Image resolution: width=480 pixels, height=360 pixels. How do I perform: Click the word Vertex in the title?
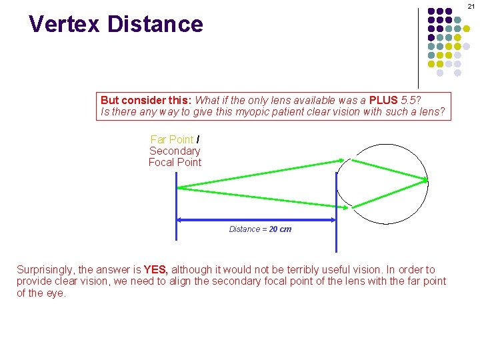pyautogui.click(x=65, y=24)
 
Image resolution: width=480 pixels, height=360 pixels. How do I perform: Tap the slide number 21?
pyautogui.click(x=471, y=6)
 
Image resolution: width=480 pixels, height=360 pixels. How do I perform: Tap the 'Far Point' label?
pyautogui.click(x=172, y=139)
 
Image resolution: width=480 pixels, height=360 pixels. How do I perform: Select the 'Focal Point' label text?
pyautogui.click(x=175, y=162)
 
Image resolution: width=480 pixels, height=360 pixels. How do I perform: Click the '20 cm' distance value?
pyautogui.click(x=280, y=229)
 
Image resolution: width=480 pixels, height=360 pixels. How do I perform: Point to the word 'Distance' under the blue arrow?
pyautogui.click(x=245, y=229)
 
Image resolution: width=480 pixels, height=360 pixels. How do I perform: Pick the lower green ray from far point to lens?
pyautogui.click(x=260, y=197)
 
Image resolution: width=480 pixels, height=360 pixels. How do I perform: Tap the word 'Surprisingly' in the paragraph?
pyautogui.click(x=45, y=270)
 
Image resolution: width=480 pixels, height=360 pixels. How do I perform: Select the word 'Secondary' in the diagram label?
pyautogui.click(x=175, y=151)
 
